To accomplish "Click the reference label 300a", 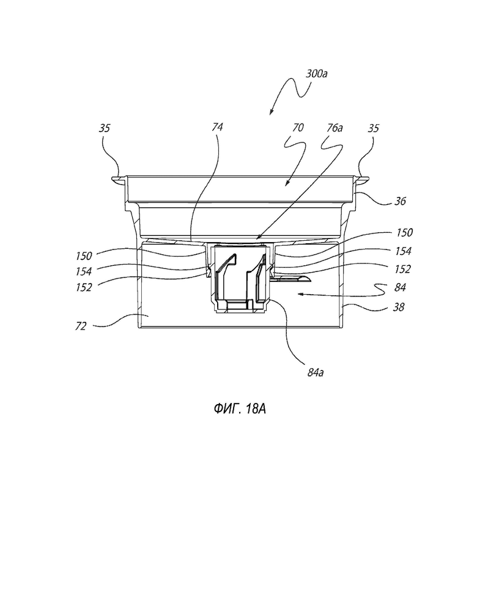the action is [x=317, y=74].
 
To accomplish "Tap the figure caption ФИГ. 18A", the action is [x=240, y=409].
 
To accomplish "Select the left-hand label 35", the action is [x=105, y=128].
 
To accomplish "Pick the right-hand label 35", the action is [x=374, y=128].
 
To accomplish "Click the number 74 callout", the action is [x=217, y=127].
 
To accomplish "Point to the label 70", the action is [x=298, y=128].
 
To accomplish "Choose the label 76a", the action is [x=335, y=128].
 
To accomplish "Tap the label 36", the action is [x=400, y=201].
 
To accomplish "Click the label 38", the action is [x=399, y=307].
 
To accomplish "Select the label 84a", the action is [x=316, y=373].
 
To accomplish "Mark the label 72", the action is [x=80, y=326].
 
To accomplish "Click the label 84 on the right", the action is [x=400, y=287].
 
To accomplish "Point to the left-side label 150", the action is [x=84, y=256].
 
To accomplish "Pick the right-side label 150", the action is [x=404, y=232].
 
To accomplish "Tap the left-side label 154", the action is [x=84, y=271].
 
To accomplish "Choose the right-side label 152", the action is [x=403, y=269].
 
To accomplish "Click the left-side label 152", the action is [x=84, y=287].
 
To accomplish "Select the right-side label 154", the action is [x=404, y=251].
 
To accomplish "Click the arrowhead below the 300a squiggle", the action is [x=272, y=112].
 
